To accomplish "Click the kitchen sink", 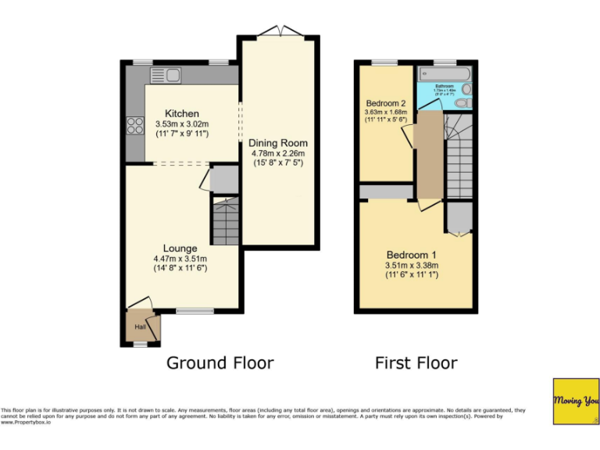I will [x=166, y=75].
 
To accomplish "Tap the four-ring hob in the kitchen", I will [x=134, y=126].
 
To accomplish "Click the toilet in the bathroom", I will [x=463, y=102].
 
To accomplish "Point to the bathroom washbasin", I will [x=466, y=88].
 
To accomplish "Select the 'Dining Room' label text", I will [x=278, y=143].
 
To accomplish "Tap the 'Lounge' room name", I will [x=180, y=249].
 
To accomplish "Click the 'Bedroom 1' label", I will [x=411, y=255].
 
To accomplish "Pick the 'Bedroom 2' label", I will [x=386, y=103].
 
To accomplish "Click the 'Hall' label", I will [x=140, y=327].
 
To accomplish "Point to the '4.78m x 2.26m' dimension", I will [x=278, y=154].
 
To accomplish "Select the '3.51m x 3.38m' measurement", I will [x=411, y=266].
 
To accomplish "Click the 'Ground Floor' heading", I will [x=220, y=362].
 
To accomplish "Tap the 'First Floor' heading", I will [x=416, y=362].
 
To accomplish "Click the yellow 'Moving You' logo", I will [x=576, y=402].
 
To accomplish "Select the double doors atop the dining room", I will [x=279, y=32].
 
